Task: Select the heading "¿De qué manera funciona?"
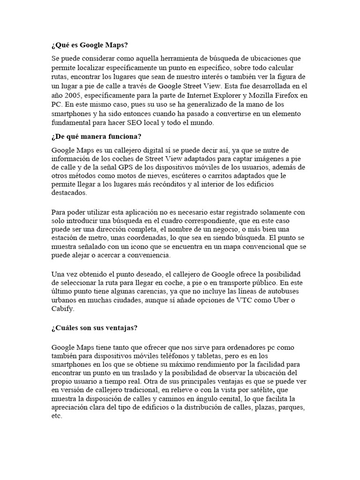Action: pyautogui.click(x=97, y=136)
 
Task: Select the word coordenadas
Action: pyautogui.click(x=130, y=238)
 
